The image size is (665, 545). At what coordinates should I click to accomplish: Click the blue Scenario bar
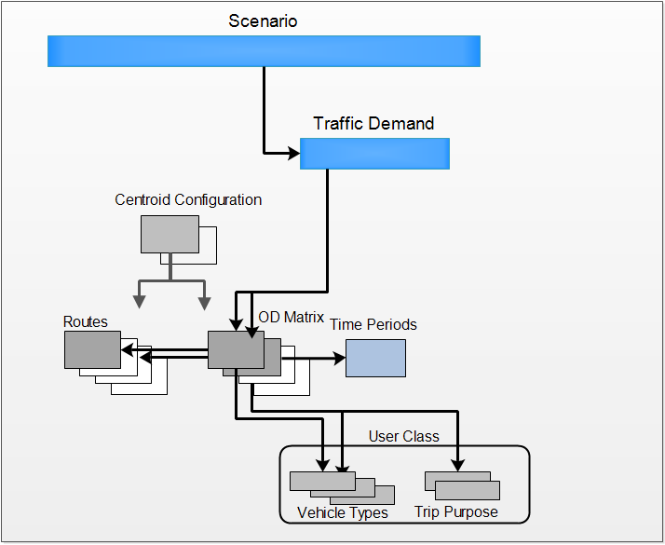point(264,51)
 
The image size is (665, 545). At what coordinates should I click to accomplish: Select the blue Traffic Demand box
point(374,154)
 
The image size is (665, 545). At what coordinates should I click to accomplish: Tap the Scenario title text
point(263,20)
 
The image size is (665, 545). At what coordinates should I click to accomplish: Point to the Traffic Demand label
point(373,123)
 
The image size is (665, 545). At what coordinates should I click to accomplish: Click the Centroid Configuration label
point(188,199)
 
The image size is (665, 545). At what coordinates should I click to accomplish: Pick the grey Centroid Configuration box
point(170,234)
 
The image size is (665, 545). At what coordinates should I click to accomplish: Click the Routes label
point(86,322)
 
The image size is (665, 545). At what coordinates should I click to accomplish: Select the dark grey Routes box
point(92,350)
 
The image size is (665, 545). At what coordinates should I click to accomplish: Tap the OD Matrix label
point(291,318)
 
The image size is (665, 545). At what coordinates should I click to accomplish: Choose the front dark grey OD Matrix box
point(236,350)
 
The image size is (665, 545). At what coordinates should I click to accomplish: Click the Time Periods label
point(373,324)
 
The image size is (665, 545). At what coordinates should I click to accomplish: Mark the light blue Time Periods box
point(375,358)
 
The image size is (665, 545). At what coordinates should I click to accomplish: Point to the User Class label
point(403,436)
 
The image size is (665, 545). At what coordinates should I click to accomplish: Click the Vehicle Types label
point(342,512)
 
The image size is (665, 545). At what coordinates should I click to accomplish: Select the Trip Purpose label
point(456,512)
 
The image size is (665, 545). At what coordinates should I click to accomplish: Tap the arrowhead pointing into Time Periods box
point(338,357)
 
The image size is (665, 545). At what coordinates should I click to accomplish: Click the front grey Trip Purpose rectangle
point(468,490)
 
